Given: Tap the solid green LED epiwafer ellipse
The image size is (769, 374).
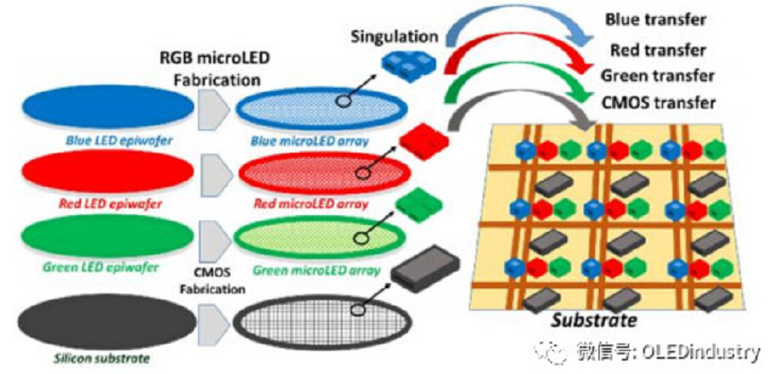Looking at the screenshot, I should (x=105, y=235).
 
